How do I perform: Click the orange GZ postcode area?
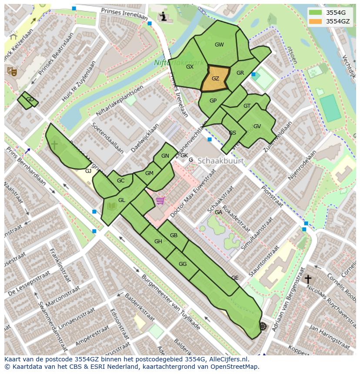pyautogui.click(x=215, y=79)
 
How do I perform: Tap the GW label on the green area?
pyautogui.click(x=219, y=45)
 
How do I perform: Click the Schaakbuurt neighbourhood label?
pyautogui.click(x=220, y=161)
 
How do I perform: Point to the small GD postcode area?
pyautogui.click(x=28, y=100)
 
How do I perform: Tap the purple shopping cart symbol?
pyautogui.click(x=160, y=201)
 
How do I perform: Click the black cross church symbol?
pyautogui.click(x=308, y=278)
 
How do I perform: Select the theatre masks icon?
pyautogui.click(x=12, y=71)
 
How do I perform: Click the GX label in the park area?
pyautogui.click(x=190, y=67)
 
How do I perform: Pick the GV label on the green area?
pyautogui.click(x=257, y=126)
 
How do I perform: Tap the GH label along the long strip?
pyautogui.click(x=158, y=242)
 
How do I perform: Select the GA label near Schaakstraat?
pyautogui.click(x=218, y=212)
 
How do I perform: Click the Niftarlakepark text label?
pyautogui.click(x=178, y=63)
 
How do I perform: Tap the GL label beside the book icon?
pyautogui.click(x=122, y=200)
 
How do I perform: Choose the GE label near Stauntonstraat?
pyautogui.click(x=235, y=278)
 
